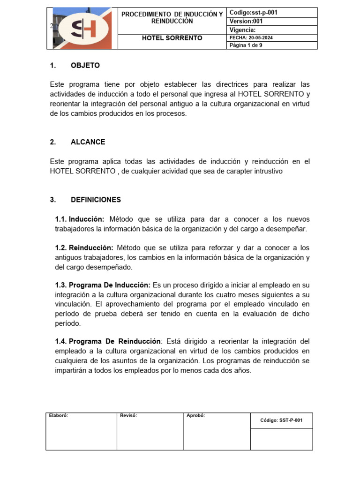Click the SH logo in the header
pos(82,29)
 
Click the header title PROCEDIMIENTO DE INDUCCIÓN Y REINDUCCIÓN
pos(172,18)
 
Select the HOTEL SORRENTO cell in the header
pos(172,38)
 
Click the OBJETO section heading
pos(85,66)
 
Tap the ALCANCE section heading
pos(88,142)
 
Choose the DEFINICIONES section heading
pos(96,200)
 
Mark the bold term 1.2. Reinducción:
pos(84,247)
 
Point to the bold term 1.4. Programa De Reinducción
pos(108,341)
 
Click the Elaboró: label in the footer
pos(59,415)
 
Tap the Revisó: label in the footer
pos(128,415)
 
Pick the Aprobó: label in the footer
pos(195,415)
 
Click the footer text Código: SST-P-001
pos(281,420)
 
